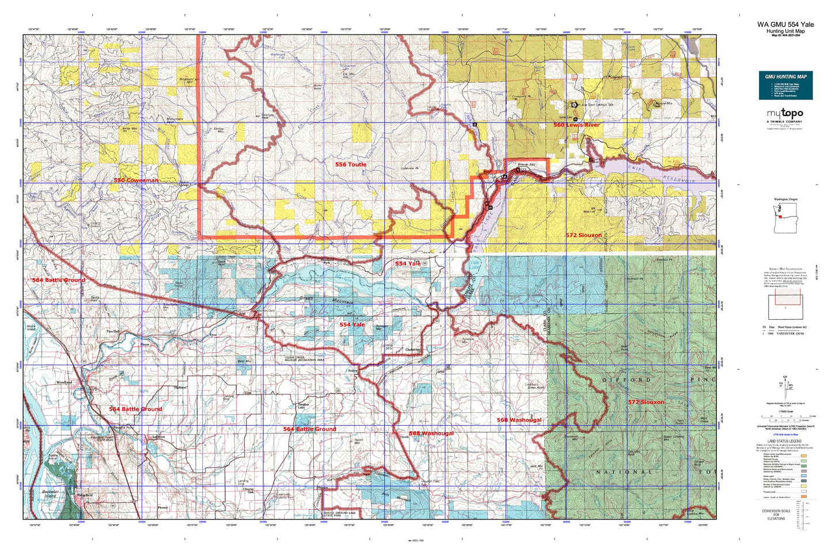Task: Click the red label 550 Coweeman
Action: tap(136, 180)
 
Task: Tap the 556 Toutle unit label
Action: tap(351, 165)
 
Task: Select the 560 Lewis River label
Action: tap(576, 125)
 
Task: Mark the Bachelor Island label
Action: tap(51, 494)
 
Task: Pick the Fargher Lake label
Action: tap(303, 406)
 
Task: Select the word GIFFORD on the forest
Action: tap(627, 380)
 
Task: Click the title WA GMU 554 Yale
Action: tap(785, 25)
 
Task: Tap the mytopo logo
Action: tap(785, 114)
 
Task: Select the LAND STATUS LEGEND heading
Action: tap(785, 441)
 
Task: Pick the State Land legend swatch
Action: tap(803, 476)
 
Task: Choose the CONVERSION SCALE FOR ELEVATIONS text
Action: tap(776, 515)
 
